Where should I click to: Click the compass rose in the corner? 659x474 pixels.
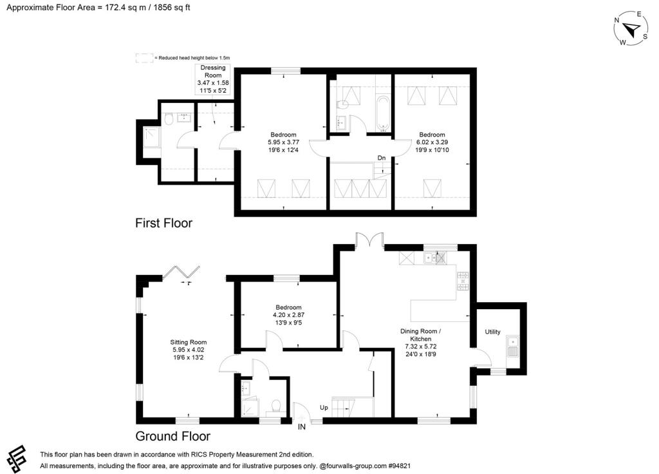[x=631, y=30]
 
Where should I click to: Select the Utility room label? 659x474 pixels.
[x=493, y=332]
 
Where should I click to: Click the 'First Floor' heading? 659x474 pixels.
[x=163, y=223]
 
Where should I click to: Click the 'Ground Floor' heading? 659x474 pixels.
[x=172, y=436]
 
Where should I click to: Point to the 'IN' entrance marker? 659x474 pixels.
[x=302, y=426]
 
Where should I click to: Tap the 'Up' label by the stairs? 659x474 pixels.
[x=324, y=408]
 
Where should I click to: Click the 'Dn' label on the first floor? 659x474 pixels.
[x=382, y=156]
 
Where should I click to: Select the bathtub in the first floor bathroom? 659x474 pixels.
[x=382, y=113]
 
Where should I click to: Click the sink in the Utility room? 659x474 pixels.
[x=512, y=346]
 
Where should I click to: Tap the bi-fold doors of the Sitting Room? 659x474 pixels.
[x=182, y=273]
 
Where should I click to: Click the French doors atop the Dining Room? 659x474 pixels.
[x=370, y=240]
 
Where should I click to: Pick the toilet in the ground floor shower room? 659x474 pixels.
[x=275, y=406]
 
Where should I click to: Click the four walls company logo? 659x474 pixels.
[x=19, y=458]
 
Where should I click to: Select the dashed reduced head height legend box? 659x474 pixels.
[x=144, y=58]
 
